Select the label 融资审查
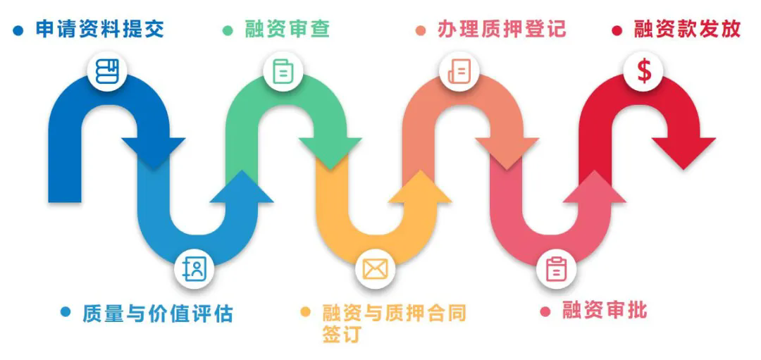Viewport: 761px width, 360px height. coord(287,30)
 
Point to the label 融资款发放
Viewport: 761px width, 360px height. coord(687,30)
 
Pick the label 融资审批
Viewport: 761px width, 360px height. coord(604,310)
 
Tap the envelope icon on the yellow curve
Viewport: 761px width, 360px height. coord(376,268)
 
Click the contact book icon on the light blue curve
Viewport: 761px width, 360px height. coord(194,268)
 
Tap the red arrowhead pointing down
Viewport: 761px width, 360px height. coord(683,151)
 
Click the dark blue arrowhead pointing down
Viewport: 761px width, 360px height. coord(153,151)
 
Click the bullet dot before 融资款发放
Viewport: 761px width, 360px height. coord(617,30)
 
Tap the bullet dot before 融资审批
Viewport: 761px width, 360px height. coord(545,311)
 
